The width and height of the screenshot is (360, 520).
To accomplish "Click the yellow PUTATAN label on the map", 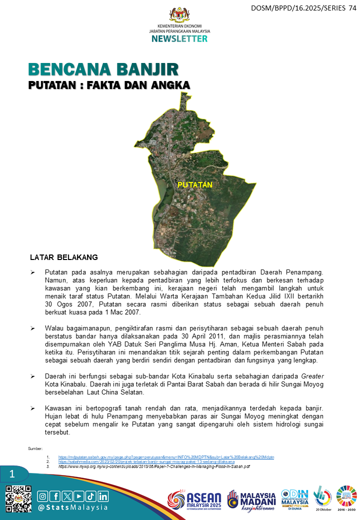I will [195, 185].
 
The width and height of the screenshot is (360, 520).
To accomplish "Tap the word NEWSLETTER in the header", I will [179, 38].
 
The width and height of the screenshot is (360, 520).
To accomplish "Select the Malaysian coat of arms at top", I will [179, 14].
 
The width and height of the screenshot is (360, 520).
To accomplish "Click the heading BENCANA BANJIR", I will [103, 69].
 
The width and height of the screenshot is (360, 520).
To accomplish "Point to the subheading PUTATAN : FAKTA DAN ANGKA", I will [109, 85].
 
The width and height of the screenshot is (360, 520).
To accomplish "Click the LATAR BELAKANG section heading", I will [64, 257].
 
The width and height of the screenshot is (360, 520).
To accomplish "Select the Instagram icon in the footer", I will [43, 496].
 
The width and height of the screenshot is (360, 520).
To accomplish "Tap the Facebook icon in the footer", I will [55, 496].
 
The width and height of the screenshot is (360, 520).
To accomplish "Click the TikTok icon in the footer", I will [91, 496].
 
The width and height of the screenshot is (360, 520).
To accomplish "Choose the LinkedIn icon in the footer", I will [103, 496].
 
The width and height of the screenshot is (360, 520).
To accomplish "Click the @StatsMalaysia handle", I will [73, 507].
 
